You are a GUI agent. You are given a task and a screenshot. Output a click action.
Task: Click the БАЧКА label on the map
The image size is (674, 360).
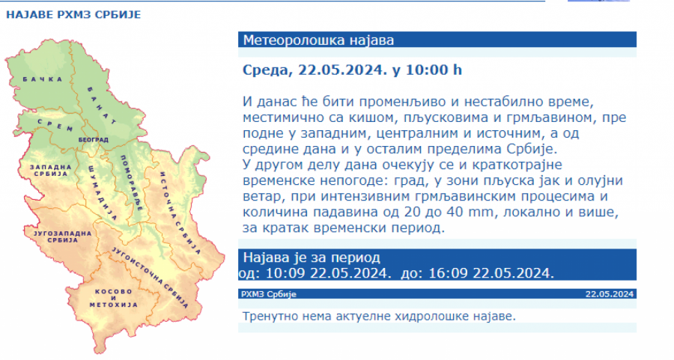click(43, 79)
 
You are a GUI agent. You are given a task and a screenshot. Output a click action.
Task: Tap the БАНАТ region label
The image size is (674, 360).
click(102, 106)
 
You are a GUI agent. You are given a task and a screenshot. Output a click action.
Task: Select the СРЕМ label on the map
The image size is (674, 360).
click(55, 125)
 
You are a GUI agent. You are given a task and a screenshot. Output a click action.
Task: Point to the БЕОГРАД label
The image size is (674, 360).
click(94, 140)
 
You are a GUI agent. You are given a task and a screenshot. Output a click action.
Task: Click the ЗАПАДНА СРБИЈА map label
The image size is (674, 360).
click(51, 170)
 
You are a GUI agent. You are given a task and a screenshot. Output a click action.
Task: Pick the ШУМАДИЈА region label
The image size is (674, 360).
click(103, 192)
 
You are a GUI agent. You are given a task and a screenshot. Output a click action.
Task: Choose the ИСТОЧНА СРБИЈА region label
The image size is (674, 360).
click(180, 213)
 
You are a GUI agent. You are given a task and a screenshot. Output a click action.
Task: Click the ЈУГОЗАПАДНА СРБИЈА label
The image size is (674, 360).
click(63, 237)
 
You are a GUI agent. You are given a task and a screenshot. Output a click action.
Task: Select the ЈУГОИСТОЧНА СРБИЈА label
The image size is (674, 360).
click(150, 277)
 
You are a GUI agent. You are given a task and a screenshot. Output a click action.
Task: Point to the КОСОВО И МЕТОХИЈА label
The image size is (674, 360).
click(114, 298)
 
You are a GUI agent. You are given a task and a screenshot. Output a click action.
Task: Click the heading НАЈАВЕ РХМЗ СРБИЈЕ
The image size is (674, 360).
click(73, 15)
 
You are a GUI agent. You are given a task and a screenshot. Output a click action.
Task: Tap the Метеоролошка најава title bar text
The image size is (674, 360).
click(318, 40)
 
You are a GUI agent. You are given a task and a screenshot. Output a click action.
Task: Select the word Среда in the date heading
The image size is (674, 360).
click(267, 70)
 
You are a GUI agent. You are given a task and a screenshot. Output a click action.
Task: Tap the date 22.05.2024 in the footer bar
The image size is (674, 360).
click(610, 294)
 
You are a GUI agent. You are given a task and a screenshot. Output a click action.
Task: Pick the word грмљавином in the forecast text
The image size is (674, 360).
click(547, 118)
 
